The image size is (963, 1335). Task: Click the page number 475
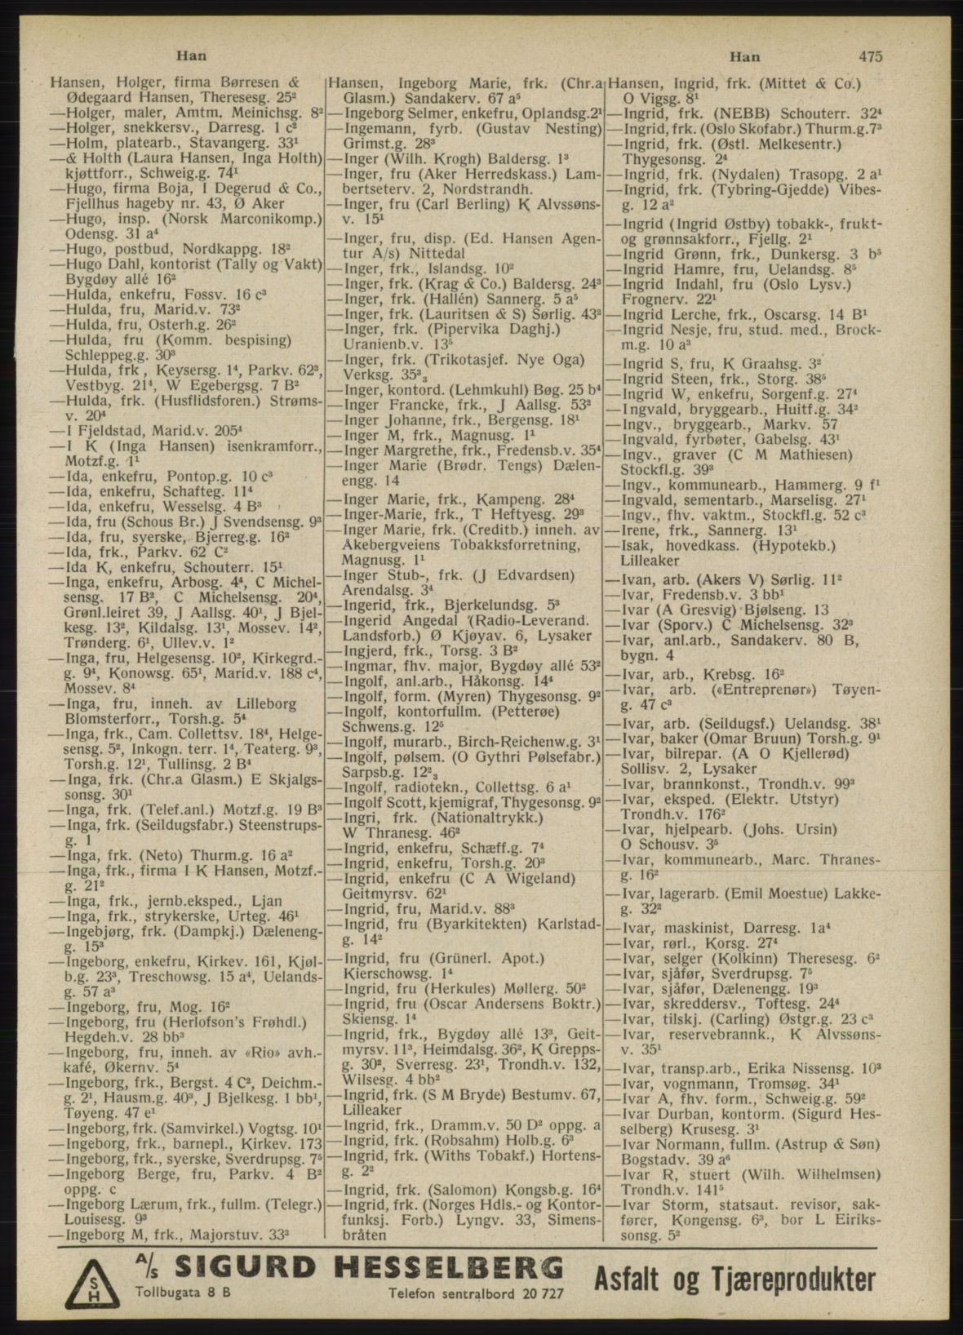869,56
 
